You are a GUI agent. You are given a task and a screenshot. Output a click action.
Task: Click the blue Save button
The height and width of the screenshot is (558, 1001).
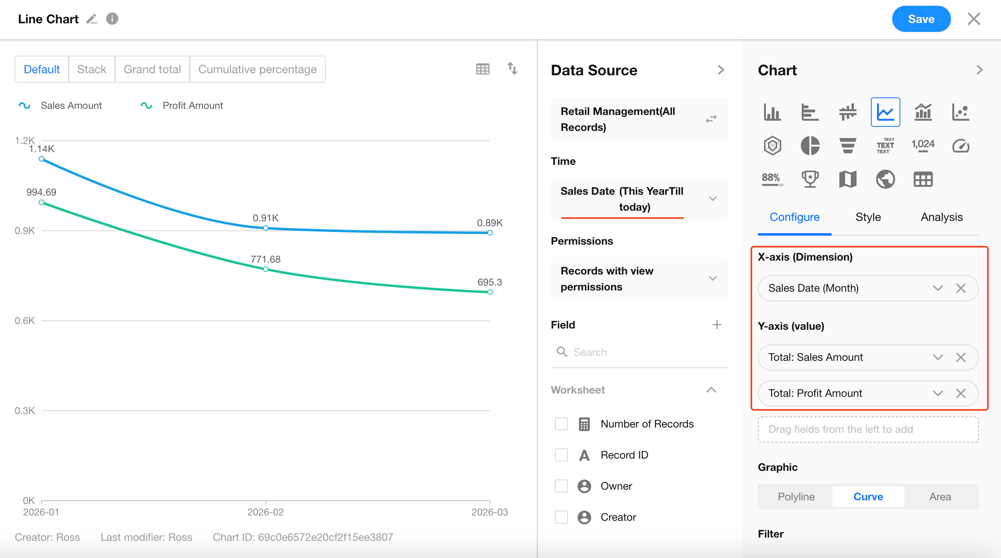tap(921, 19)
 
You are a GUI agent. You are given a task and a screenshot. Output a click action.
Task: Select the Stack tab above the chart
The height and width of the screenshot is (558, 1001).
tap(92, 70)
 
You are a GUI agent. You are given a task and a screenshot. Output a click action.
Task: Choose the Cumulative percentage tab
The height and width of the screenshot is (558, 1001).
tap(257, 70)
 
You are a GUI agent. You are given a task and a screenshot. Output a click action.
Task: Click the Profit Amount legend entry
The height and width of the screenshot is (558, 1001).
tap(192, 106)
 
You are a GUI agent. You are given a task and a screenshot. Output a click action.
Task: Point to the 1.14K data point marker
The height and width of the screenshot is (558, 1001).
tap(41, 159)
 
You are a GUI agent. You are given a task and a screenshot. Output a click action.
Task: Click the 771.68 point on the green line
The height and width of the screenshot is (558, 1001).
tap(266, 269)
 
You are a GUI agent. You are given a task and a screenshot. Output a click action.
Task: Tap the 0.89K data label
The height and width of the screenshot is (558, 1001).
tap(489, 223)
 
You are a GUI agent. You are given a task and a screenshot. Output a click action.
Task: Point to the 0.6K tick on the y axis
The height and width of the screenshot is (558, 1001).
tap(25, 321)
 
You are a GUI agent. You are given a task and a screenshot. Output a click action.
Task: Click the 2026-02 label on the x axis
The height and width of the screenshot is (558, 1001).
tap(265, 512)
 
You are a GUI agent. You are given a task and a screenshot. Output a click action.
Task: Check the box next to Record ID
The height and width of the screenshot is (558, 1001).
tap(561, 455)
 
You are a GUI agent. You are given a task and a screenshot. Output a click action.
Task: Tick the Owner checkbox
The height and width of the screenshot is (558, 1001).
tap(561, 486)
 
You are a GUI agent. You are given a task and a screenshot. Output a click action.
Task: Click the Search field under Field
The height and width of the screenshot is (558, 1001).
tap(638, 352)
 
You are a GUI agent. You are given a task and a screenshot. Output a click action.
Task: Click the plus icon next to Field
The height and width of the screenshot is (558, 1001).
tap(717, 325)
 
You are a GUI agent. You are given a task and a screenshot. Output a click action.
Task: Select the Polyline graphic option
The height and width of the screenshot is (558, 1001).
tap(796, 497)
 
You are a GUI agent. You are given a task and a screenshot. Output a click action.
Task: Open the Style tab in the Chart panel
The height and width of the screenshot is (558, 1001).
tap(868, 217)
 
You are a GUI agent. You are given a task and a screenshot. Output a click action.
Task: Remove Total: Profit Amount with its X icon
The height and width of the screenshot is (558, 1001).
tap(961, 393)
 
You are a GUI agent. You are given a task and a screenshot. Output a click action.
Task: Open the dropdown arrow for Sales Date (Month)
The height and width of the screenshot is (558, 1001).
tap(938, 288)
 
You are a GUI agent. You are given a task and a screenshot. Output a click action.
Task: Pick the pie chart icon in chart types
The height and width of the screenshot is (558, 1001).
tap(810, 146)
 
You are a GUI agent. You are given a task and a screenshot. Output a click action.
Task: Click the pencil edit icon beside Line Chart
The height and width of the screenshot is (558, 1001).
tap(92, 19)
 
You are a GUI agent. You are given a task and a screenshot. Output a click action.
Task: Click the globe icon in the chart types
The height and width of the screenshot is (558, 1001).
tap(885, 179)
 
